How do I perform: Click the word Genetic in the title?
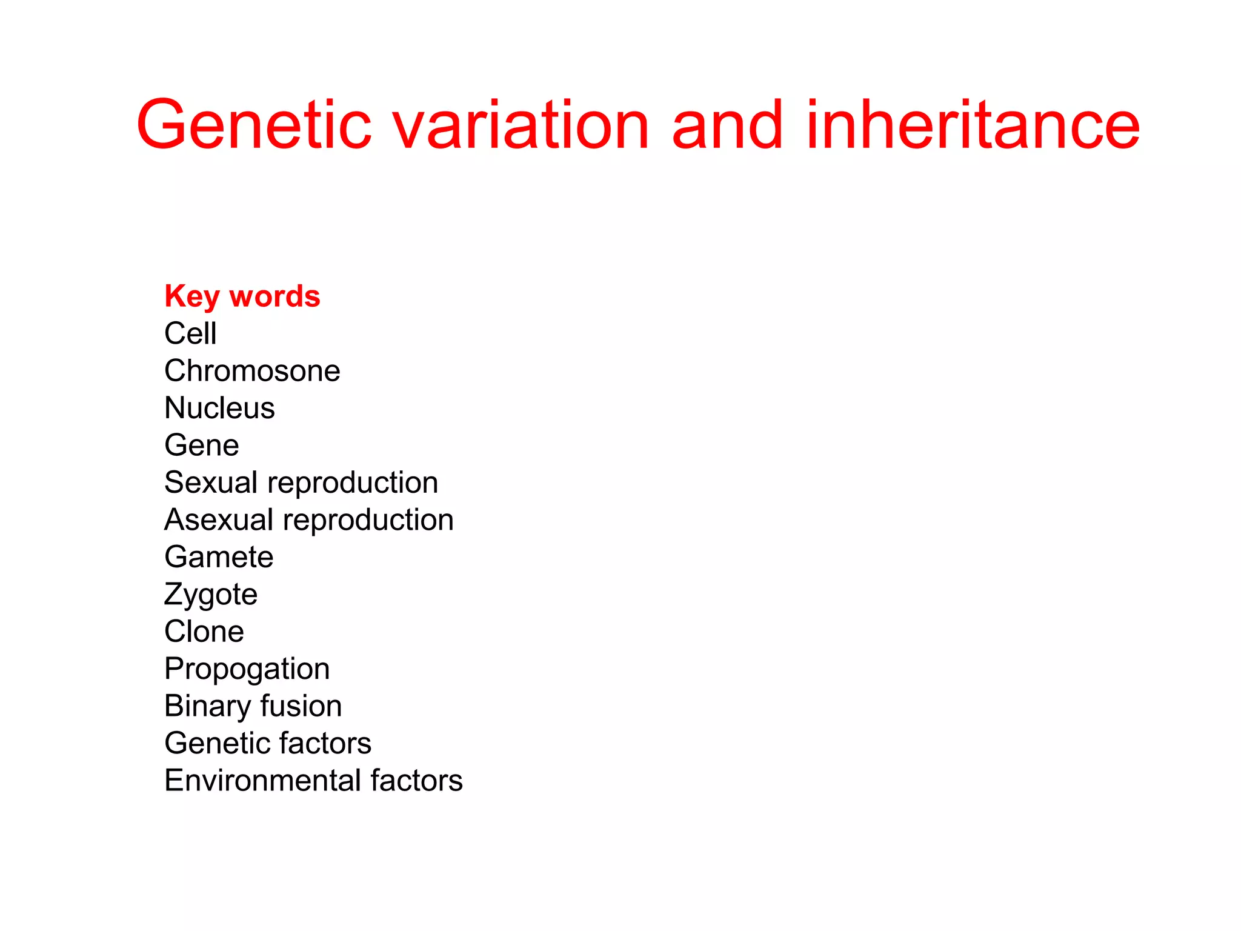(x=254, y=125)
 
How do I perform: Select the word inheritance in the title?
(x=973, y=125)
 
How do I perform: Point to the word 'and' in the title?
(x=727, y=125)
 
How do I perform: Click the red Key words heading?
(x=242, y=296)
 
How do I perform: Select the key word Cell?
(x=190, y=333)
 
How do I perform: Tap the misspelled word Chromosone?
(x=252, y=370)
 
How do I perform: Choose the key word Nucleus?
(x=219, y=408)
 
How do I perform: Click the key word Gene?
(x=202, y=445)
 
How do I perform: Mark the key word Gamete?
(x=219, y=557)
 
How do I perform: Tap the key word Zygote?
(x=211, y=595)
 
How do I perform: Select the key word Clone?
(x=204, y=632)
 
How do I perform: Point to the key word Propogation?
(x=247, y=669)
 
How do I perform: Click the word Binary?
(x=207, y=707)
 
